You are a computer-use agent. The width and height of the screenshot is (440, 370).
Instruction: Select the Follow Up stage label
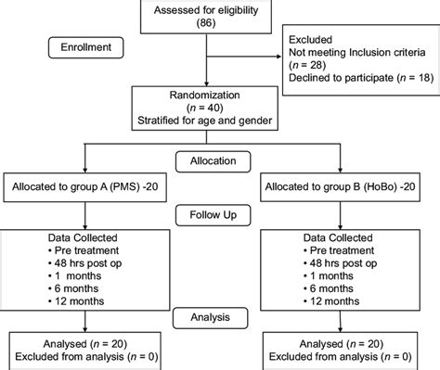point(219,215)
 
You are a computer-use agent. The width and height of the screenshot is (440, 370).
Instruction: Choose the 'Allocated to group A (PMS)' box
point(86,186)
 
